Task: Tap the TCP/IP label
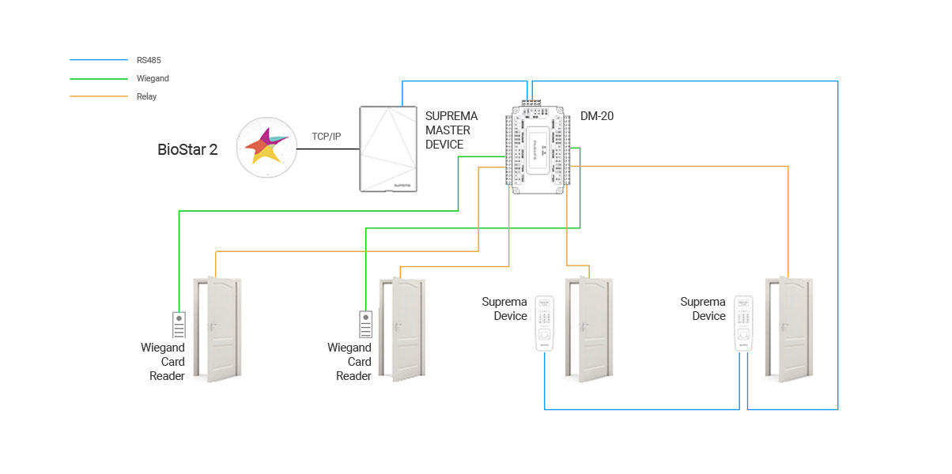pos(326,137)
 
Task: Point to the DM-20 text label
pos(597,116)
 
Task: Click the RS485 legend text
pos(149,60)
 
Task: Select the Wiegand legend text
pos(153,78)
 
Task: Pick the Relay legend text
pos(146,96)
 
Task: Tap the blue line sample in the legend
pos(98,60)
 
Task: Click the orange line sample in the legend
pos(98,96)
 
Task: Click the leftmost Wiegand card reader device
pos(179,325)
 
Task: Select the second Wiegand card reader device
pos(365,325)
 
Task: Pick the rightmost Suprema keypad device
pos(742,324)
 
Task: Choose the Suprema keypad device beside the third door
pos(543,324)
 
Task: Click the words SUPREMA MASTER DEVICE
pos(451,130)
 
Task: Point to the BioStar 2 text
pos(187,149)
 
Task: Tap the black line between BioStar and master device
pos(328,149)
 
